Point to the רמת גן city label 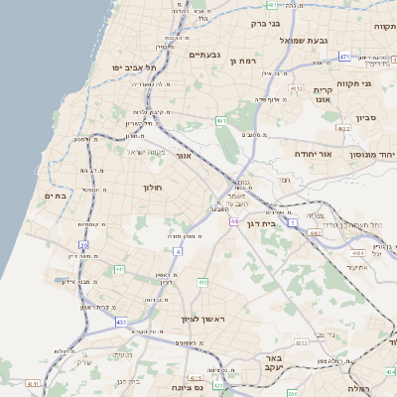pos(242,61)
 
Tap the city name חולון pos(152,187)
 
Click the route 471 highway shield pos(344,57)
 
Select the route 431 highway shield pos(121,323)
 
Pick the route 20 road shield pos(83,244)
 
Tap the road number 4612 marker pos(296,87)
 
